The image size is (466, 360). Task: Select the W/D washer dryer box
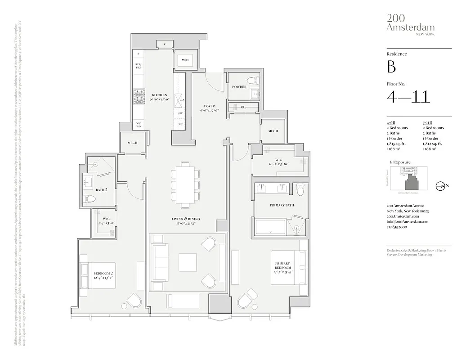click(x=185, y=60)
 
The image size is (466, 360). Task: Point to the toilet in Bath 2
click(x=89, y=199)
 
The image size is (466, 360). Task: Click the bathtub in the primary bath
click(x=270, y=227)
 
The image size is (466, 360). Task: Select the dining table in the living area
click(x=185, y=185)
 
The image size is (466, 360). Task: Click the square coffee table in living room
click(x=188, y=262)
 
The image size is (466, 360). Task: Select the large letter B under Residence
click(x=391, y=67)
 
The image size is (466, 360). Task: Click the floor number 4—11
click(x=408, y=96)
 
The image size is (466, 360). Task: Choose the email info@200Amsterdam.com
click(x=407, y=222)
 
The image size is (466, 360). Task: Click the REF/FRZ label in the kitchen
click(x=138, y=66)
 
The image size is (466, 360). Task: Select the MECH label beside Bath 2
click(x=132, y=143)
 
